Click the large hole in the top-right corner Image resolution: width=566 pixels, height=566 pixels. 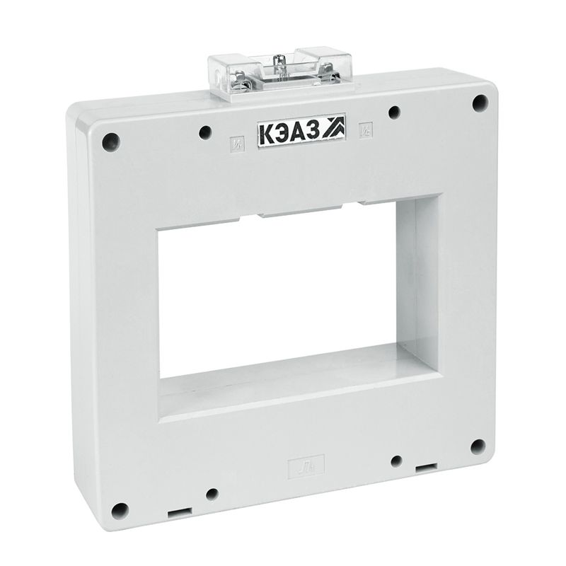pos(479,103)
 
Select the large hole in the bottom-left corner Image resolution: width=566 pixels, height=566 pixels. pos(119,510)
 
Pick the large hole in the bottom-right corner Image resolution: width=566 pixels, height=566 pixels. pos(478,446)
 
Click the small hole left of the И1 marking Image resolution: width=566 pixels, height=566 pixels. pos(205,132)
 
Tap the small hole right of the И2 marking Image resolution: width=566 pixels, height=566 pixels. pos(395,112)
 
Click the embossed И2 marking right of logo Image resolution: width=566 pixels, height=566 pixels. pos(366,129)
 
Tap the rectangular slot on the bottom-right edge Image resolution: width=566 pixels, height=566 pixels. pos(425,468)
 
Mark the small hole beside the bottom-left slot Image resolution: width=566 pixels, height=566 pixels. pos(212,495)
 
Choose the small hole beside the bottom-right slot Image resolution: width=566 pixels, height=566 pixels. pos(396,461)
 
